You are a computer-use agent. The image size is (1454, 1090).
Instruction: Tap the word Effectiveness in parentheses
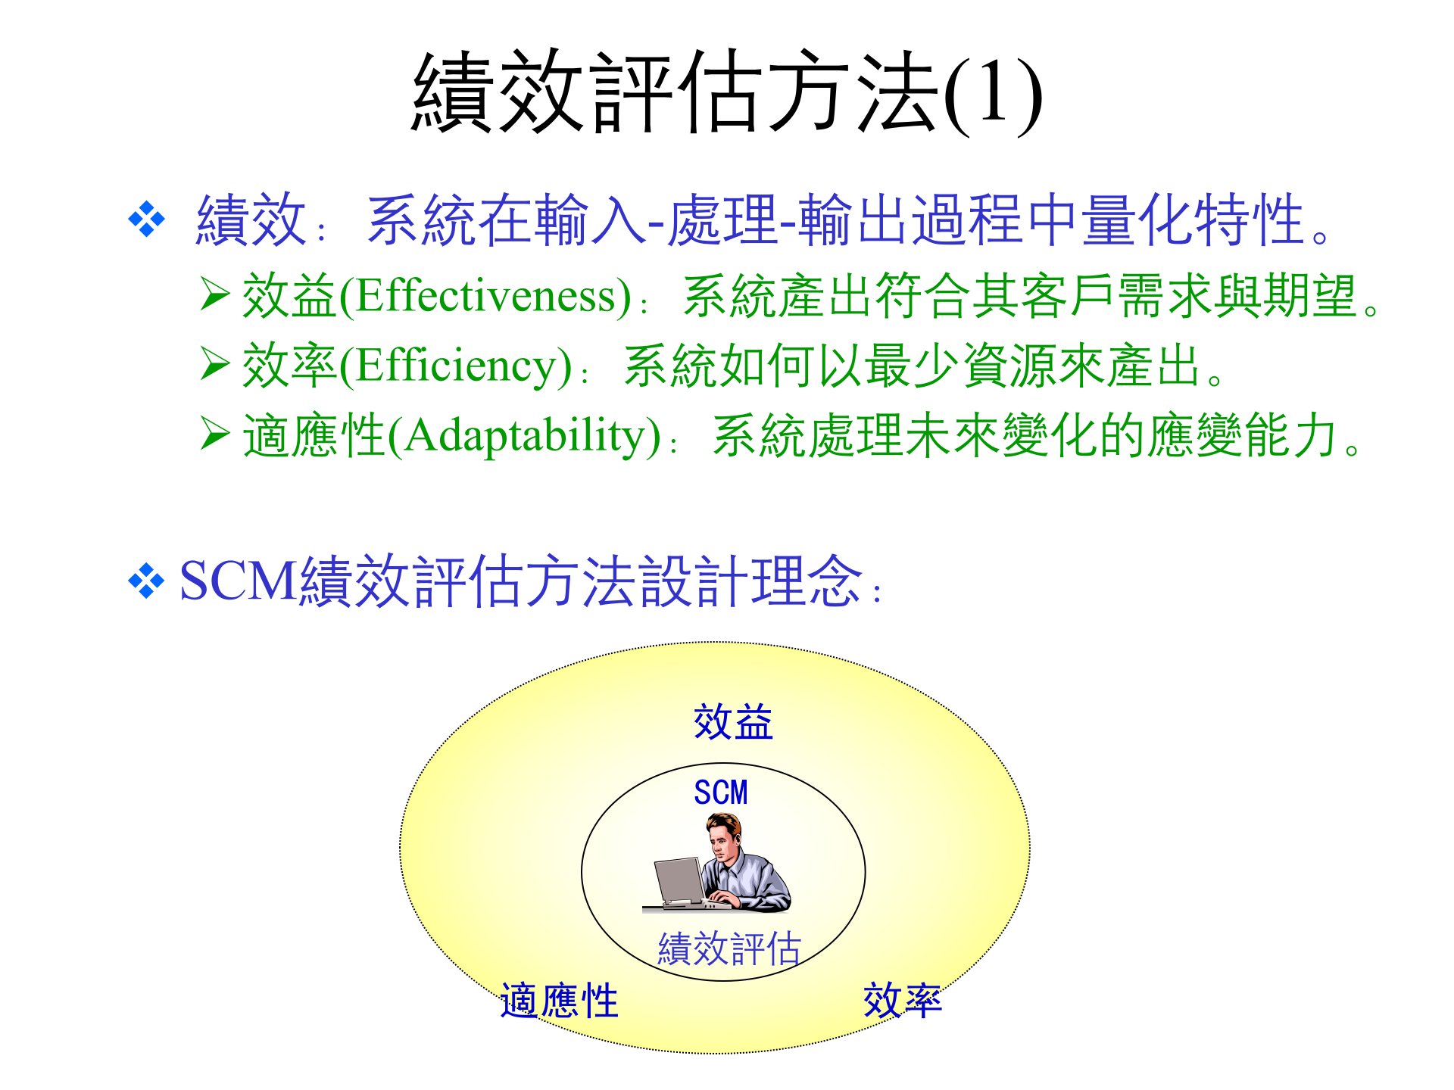[x=493, y=296]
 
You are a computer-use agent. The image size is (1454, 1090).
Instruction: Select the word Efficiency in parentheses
[x=463, y=366]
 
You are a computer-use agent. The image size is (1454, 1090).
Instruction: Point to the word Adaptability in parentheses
[x=532, y=436]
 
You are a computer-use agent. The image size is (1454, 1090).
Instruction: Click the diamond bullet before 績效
[x=147, y=220]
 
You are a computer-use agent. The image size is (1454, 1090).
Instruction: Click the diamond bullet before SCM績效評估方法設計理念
[x=147, y=581]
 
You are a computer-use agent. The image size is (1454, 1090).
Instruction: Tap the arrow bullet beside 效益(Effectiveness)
[x=215, y=294]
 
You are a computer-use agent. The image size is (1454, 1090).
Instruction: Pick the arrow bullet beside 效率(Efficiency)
[x=215, y=364]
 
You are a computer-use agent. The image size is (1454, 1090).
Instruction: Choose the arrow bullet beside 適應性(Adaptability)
[x=215, y=434]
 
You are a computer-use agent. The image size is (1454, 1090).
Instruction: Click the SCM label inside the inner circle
[x=721, y=793]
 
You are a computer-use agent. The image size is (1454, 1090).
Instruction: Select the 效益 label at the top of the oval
[x=733, y=721]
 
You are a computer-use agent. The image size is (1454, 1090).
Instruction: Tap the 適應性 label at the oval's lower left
[x=560, y=1001]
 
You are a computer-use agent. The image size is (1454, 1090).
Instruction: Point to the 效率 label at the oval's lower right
[x=903, y=1001]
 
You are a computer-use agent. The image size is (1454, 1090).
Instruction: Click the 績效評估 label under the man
[x=729, y=948]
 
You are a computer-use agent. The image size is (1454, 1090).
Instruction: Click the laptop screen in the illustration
[x=679, y=880]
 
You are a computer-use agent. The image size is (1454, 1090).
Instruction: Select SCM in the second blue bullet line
[x=238, y=581]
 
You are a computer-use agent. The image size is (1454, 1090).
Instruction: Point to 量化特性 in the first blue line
[x=1193, y=220]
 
